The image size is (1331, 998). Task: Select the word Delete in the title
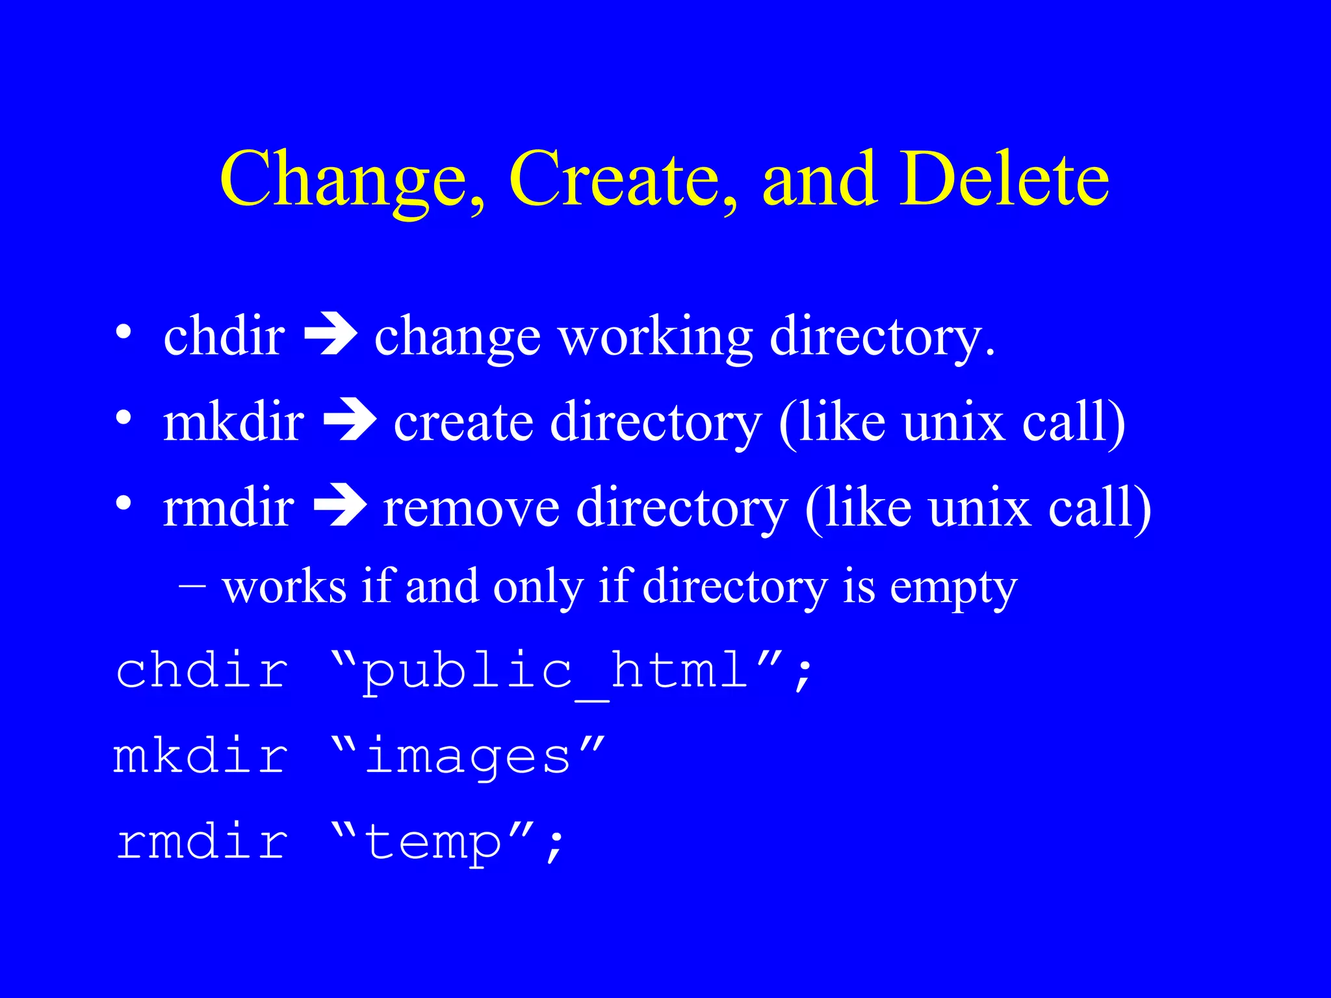pos(1004,179)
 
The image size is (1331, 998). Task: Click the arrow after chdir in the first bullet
pos(331,336)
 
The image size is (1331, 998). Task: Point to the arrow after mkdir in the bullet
pos(350,421)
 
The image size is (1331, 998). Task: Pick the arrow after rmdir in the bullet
pos(340,506)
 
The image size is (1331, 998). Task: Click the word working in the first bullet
pos(656,338)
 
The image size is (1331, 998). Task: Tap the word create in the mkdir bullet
pos(463,423)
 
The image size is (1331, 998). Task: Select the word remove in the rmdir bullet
pos(471,509)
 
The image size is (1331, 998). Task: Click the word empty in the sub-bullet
pos(953,589)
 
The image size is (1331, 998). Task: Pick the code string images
pos(468,757)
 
